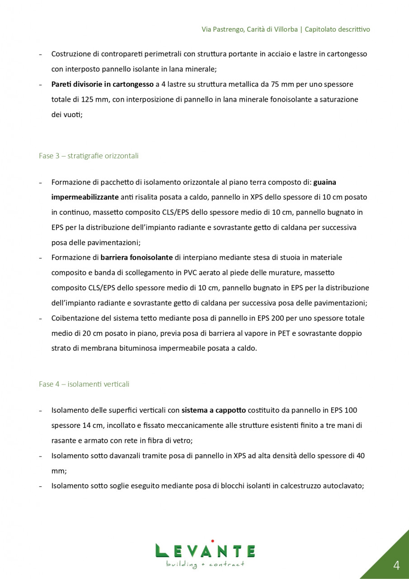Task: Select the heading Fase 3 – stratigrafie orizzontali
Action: coord(89,156)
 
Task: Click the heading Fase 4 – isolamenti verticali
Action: coord(84,384)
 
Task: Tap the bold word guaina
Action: coord(324,182)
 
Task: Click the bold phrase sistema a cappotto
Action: coord(214,410)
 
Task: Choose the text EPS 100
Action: coord(344,410)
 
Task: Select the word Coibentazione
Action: coord(73,318)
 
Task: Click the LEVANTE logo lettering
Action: coord(205,551)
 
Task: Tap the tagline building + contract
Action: coord(205,564)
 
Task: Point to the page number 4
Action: coord(396,565)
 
